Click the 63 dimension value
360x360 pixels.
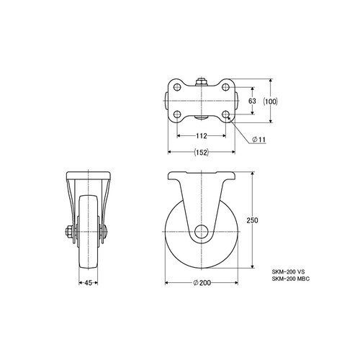(252, 101)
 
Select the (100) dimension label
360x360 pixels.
(270, 102)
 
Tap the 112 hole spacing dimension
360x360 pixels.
(202, 136)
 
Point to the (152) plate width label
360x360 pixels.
(201, 153)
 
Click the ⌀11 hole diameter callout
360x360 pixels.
(258, 139)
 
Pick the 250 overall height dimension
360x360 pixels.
(252, 220)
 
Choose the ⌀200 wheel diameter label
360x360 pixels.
(202, 283)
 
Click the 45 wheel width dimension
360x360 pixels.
(89, 283)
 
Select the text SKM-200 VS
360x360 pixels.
(288, 272)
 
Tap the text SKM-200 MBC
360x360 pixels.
(291, 279)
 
